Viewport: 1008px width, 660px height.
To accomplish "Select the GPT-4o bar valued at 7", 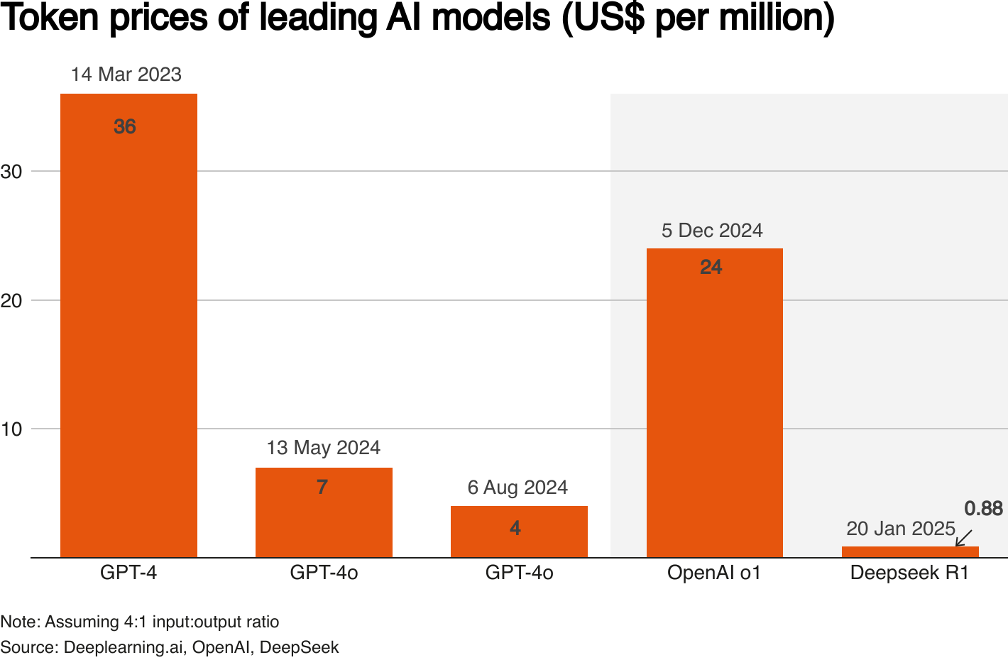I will coord(324,512).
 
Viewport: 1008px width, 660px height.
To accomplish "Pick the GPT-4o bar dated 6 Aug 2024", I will coord(519,532).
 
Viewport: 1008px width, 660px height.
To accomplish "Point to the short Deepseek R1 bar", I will coord(909,552).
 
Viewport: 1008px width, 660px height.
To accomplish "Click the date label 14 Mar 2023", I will coord(126,75).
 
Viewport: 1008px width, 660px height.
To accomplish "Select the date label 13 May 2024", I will coord(324,448).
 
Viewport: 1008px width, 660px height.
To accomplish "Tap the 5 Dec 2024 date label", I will coord(712,231).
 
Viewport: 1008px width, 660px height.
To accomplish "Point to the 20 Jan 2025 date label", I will coord(901,529).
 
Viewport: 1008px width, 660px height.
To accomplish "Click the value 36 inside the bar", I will coord(125,126).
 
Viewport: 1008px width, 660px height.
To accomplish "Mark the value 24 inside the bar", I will coord(711,267).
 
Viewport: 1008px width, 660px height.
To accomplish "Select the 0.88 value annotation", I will coord(983,508).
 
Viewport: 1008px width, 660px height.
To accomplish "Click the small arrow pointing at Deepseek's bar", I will coord(963,538).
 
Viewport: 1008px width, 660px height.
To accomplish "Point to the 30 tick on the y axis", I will coord(11,171).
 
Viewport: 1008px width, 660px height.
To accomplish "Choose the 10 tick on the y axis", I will coord(11,429).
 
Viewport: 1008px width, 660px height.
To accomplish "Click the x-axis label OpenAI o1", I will coord(714,573).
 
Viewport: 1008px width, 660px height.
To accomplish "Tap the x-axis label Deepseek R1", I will coord(909,573).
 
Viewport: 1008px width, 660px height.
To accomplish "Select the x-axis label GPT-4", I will coord(128,573).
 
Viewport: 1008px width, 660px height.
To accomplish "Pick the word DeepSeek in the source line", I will coord(300,647).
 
